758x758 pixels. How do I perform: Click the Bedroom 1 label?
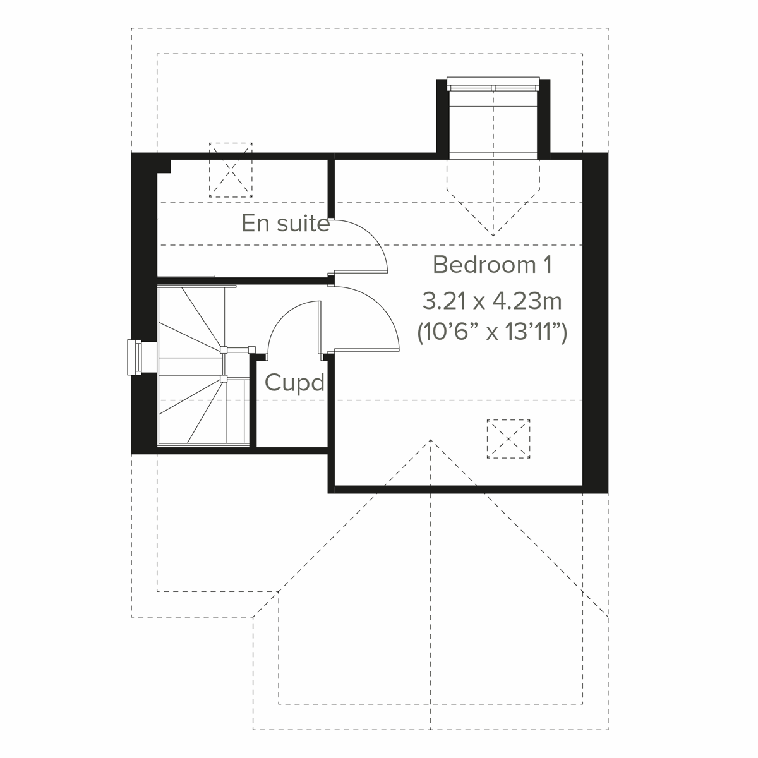click(x=492, y=265)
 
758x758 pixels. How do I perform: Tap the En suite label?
click(x=286, y=224)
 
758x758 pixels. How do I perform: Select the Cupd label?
click(x=294, y=383)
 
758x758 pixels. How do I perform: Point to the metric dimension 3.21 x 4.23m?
click(x=492, y=301)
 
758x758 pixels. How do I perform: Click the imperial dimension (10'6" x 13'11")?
click(x=492, y=331)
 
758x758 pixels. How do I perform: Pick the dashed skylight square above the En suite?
click(x=231, y=170)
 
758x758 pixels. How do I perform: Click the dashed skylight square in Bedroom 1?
click(x=508, y=438)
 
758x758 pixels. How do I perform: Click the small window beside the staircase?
click(x=135, y=358)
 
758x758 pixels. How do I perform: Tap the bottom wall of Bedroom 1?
click(x=457, y=489)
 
